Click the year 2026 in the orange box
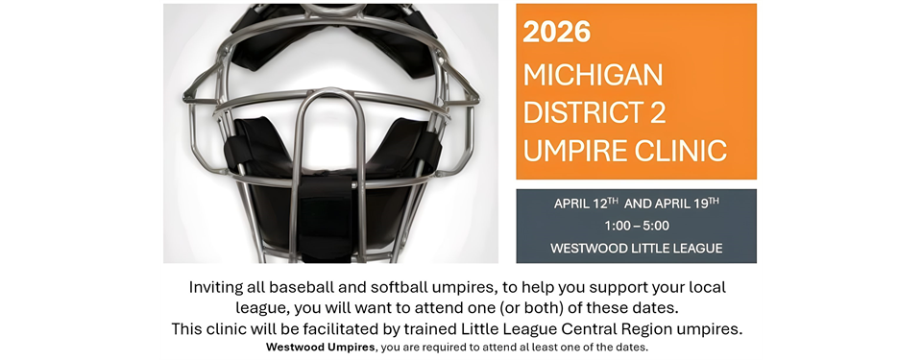pyautogui.click(x=556, y=33)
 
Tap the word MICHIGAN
pyautogui.click(x=594, y=74)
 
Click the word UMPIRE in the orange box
pyautogui.click(x=575, y=151)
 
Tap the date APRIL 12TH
pyautogui.click(x=586, y=204)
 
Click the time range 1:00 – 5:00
pyautogui.click(x=636, y=226)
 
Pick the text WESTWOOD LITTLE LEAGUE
pyautogui.click(x=636, y=248)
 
